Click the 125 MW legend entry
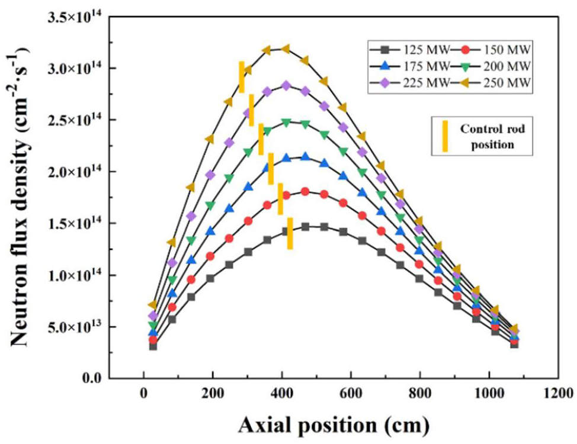[x=409, y=50]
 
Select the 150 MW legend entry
[x=491, y=50]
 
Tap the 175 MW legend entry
[x=409, y=66]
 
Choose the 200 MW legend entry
[x=491, y=66]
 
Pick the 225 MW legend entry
[x=409, y=82]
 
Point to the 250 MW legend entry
[x=491, y=82]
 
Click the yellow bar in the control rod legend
[x=445, y=136]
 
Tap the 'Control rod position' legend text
[x=492, y=137]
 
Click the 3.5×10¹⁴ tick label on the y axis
[x=75, y=17]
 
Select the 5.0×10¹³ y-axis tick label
[x=75, y=327]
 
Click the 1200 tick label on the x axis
[x=558, y=393]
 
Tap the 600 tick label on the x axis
[x=351, y=393]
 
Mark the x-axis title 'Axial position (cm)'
[x=334, y=426]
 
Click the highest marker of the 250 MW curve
[x=286, y=49]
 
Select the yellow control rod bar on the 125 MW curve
[x=290, y=233]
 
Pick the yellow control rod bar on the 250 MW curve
[x=242, y=77]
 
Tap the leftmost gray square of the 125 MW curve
[x=153, y=346]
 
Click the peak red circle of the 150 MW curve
[x=305, y=192]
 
